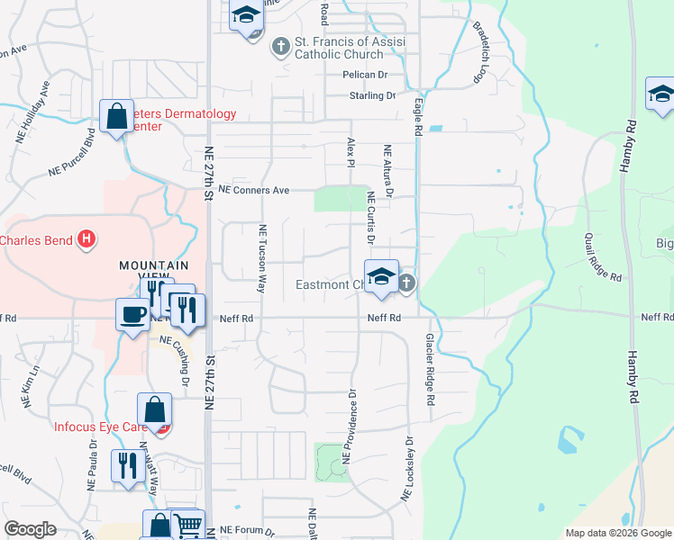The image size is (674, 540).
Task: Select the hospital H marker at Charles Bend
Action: coord(86,239)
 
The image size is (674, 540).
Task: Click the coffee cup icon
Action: coord(133,314)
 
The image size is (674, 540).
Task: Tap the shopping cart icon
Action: coord(187,525)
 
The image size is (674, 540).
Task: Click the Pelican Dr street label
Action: coord(364,76)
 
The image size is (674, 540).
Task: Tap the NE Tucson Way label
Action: coord(263,259)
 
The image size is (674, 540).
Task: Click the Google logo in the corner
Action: coord(30,529)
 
